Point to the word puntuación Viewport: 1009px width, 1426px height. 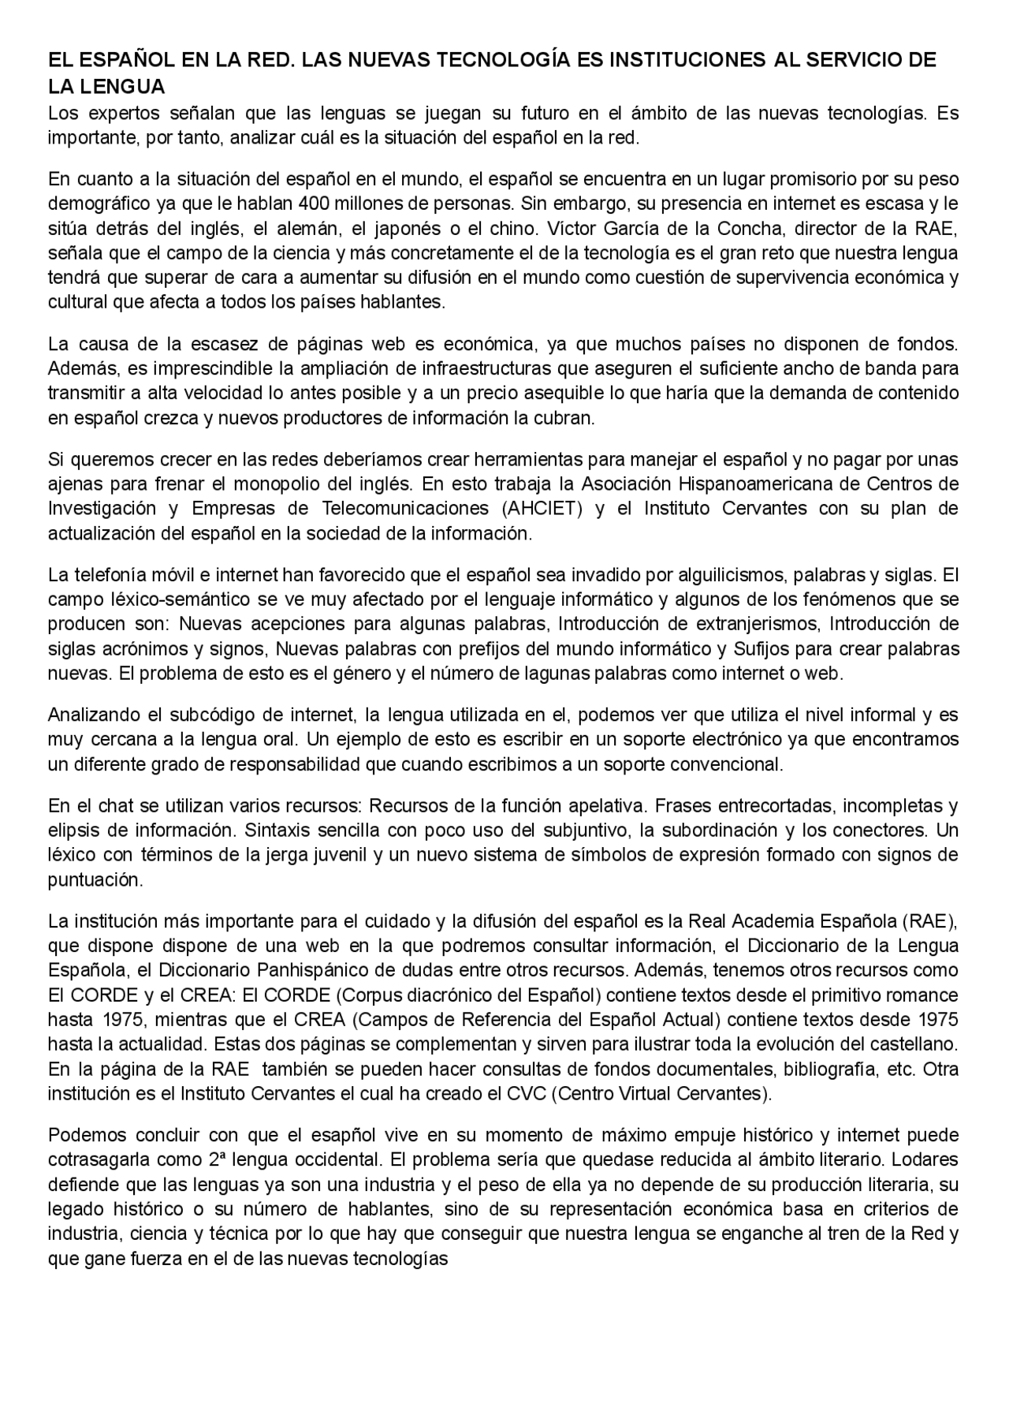pos(95,879)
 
